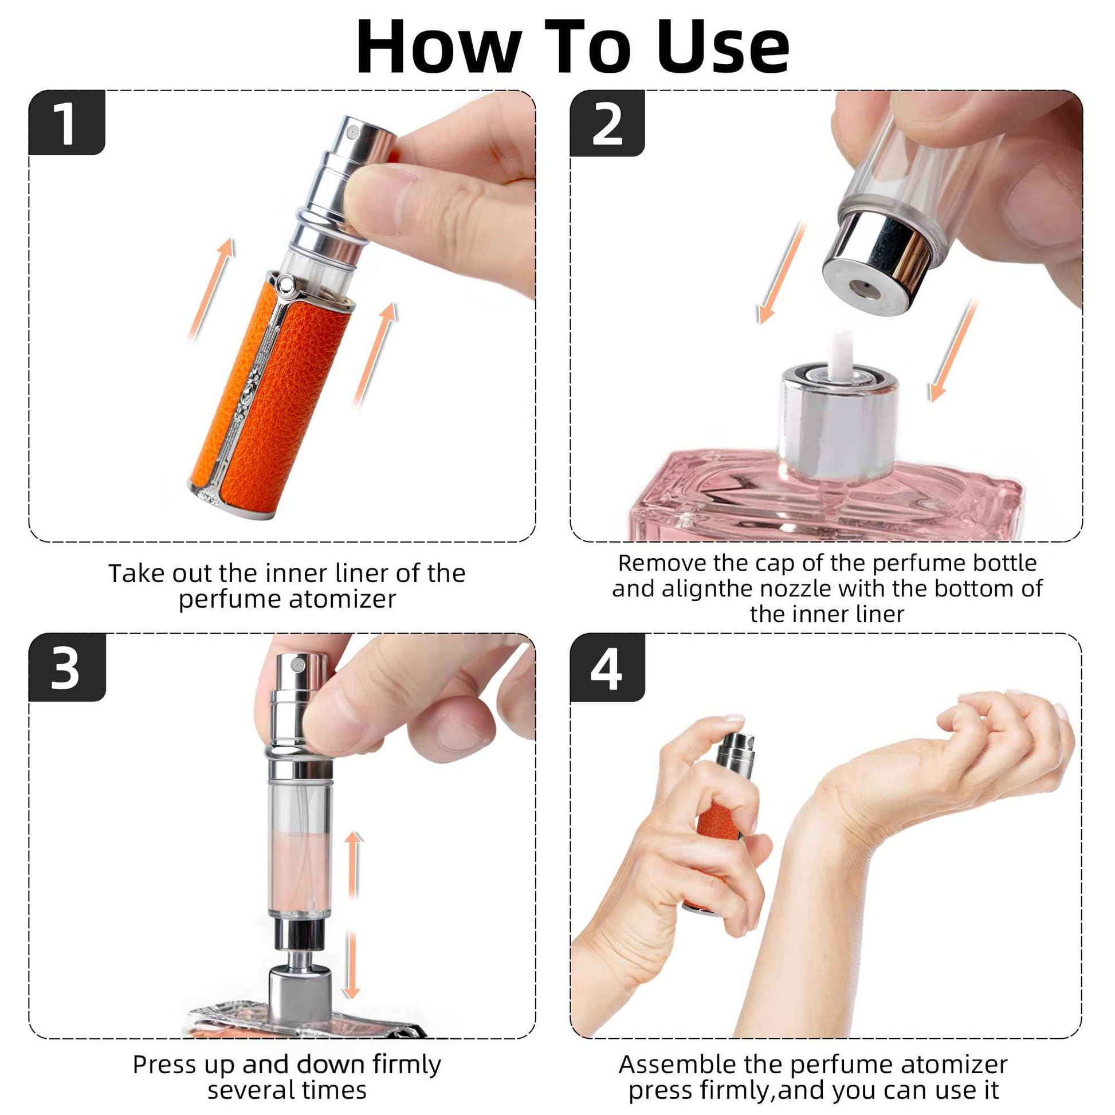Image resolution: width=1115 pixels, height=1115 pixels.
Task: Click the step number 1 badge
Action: (x=67, y=123)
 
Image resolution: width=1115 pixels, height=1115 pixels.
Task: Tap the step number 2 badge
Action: (x=607, y=123)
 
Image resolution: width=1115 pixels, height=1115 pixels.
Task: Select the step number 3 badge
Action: (x=67, y=667)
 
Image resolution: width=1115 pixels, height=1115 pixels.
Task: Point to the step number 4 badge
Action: (x=607, y=667)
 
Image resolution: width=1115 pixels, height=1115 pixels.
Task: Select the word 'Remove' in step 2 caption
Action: (x=662, y=563)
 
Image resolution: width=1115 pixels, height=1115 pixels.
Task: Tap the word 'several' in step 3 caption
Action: (x=248, y=1090)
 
